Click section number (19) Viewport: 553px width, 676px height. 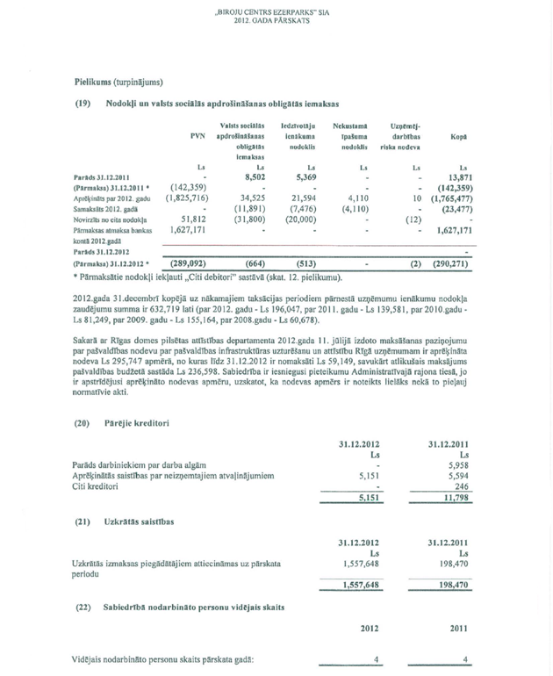click(x=83, y=104)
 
